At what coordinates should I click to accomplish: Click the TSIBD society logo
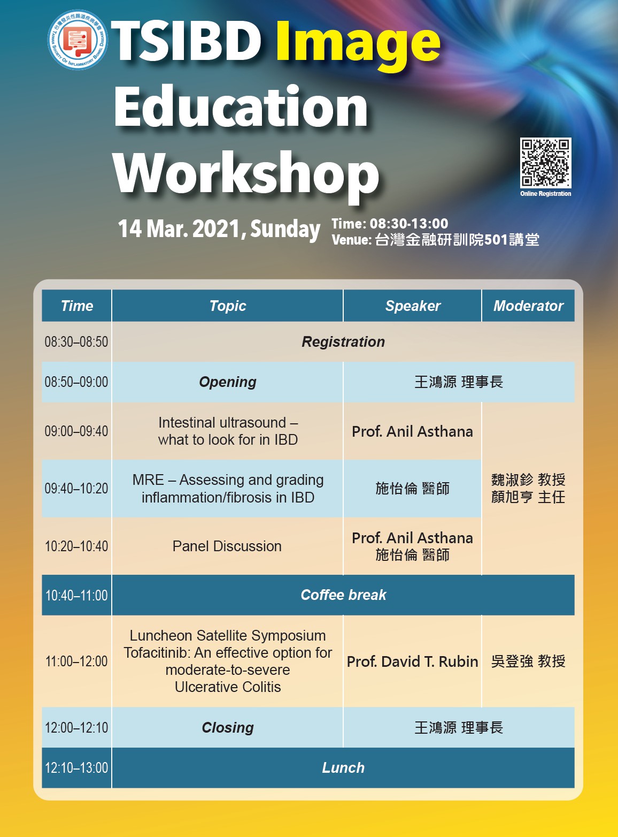point(78,40)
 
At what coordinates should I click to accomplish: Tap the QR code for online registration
point(545,163)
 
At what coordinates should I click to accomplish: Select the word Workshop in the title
point(246,173)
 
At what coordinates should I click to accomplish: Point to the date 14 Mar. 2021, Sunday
point(219,229)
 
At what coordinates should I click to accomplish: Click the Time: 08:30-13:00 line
point(390,224)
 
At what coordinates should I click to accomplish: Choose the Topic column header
point(228,306)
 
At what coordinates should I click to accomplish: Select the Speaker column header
point(413,306)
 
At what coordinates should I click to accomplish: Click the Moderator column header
point(528,306)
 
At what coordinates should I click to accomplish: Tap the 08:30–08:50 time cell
point(76,342)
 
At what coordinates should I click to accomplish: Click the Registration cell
point(343,342)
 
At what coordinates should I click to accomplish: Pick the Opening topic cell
point(228,382)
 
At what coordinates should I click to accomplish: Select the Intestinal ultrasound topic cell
point(228,431)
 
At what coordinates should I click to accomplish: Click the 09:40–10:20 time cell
point(76,489)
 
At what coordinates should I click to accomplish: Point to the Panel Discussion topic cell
point(227,546)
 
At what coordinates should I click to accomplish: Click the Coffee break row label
point(343,595)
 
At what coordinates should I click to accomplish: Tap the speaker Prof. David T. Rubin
point(412,661)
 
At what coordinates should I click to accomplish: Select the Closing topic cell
point(228,728)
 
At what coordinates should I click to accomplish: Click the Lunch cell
point(343,768)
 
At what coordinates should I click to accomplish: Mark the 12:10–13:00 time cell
point(76,768)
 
